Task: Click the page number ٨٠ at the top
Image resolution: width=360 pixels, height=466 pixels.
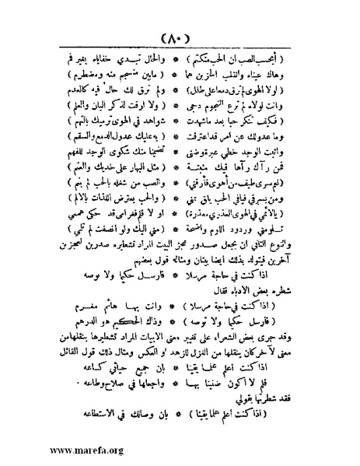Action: [180, 38]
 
